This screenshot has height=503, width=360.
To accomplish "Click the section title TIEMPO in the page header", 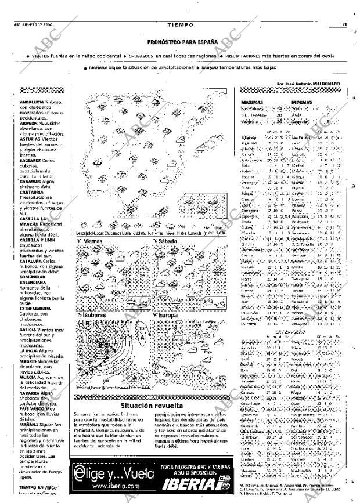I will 179,24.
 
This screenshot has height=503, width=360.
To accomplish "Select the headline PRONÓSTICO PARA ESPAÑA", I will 182,42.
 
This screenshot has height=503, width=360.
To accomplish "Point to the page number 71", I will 344,24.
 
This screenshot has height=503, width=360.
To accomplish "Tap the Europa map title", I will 167,315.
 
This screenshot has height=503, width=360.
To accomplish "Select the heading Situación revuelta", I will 152,405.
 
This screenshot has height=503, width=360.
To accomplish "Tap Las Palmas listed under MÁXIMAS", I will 252,108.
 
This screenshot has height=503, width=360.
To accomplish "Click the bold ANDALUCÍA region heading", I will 31,102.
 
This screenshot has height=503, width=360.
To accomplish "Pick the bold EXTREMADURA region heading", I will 35,309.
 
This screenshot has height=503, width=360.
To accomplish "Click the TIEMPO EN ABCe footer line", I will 38,487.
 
